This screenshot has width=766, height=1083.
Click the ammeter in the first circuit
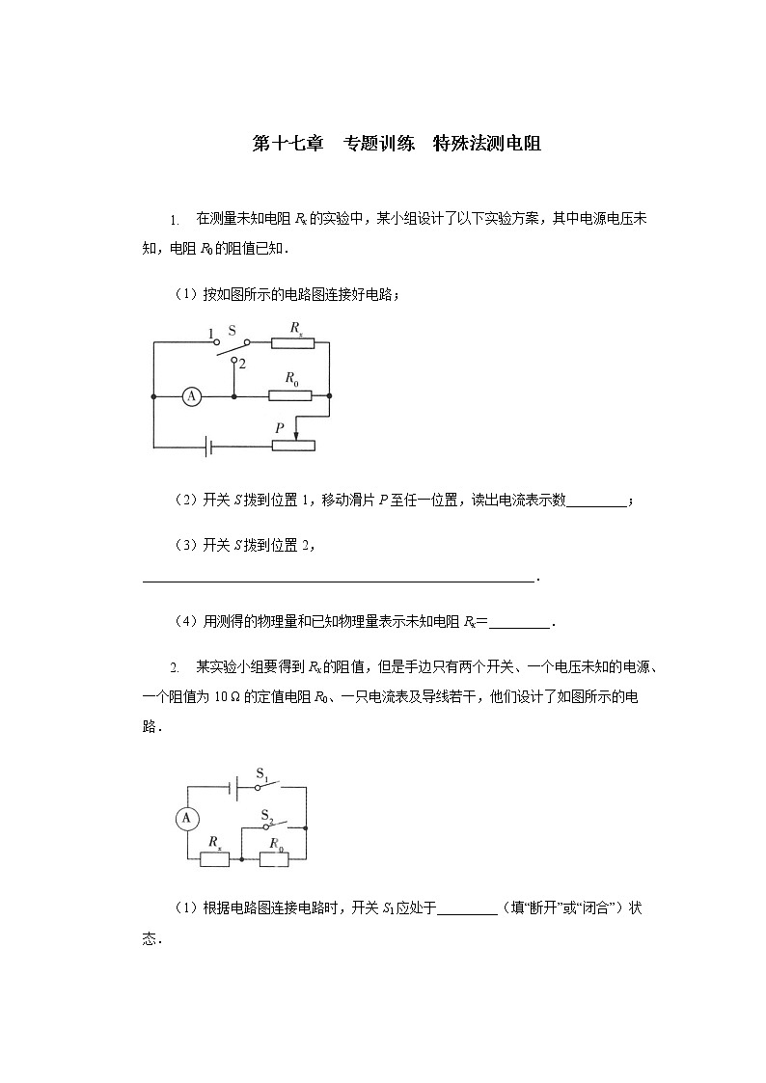(192, 395)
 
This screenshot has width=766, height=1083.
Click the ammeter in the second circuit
(187, 819)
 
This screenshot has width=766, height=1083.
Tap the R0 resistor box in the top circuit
(290, 395)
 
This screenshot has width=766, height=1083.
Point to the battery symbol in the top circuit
(206, 447)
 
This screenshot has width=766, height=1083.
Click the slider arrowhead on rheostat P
(296, 429)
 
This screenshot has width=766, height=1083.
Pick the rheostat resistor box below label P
(293, 446)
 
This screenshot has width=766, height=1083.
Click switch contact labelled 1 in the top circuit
(216, 341)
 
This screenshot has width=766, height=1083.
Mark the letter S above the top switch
(232, 330)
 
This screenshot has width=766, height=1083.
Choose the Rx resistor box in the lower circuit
(213, 858)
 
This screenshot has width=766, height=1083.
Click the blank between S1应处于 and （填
(467, 907)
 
